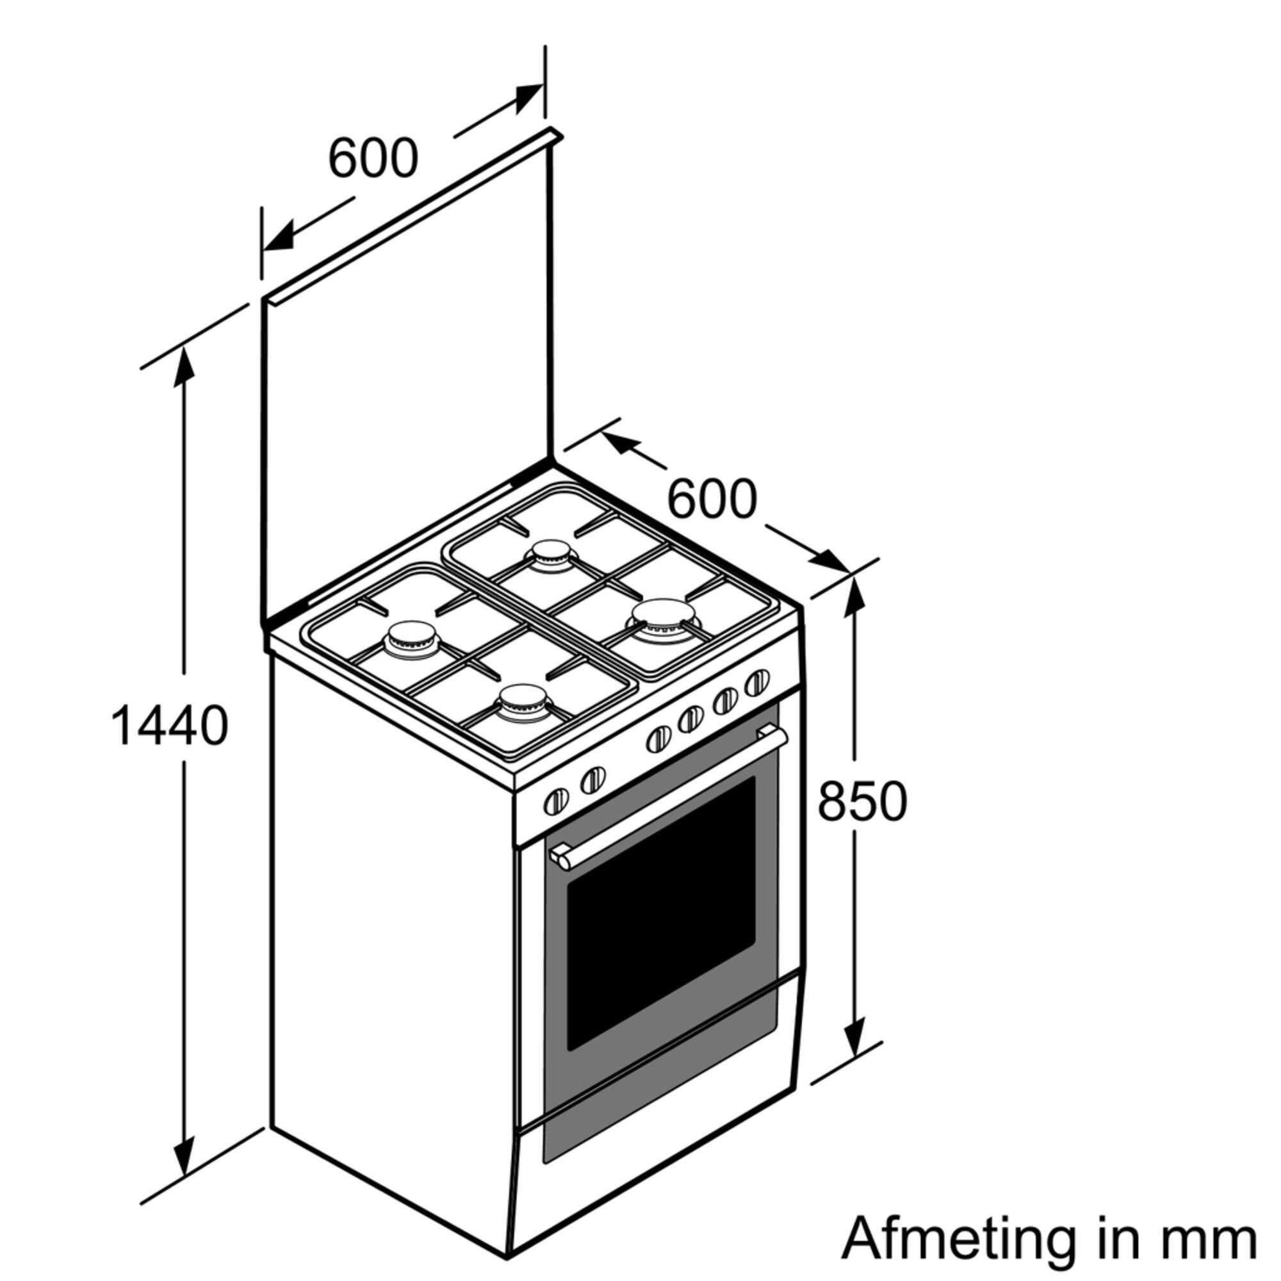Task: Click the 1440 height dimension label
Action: [x=170, y=726]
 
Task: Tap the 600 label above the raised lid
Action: [x=373, y=158]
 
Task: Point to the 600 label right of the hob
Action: [x=712, y=498]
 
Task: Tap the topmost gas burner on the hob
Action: [x=550, y=554]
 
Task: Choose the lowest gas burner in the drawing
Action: [x=525, y=703]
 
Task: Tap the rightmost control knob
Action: [x=757, y=683]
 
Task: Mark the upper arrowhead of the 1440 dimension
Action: [x=184, y=366]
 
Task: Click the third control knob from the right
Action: [x=690, y=719]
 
